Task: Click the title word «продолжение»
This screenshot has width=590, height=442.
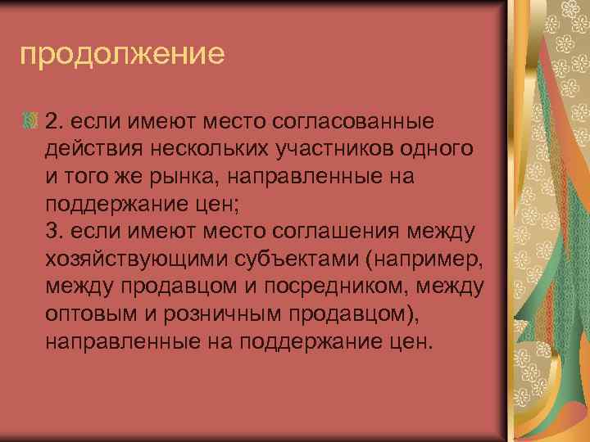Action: [122, 56]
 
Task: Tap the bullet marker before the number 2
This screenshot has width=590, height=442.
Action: [32, 123]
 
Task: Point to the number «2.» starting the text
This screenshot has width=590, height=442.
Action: [55, 122]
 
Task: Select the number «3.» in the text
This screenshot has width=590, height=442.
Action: [56, 232]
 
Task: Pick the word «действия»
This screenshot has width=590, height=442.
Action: [90, 149]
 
